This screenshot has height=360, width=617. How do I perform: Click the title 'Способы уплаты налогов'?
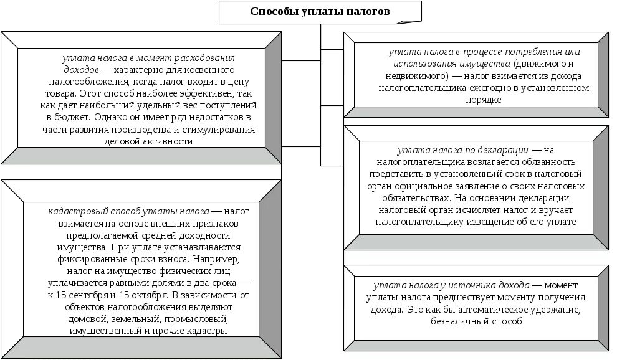320,12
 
